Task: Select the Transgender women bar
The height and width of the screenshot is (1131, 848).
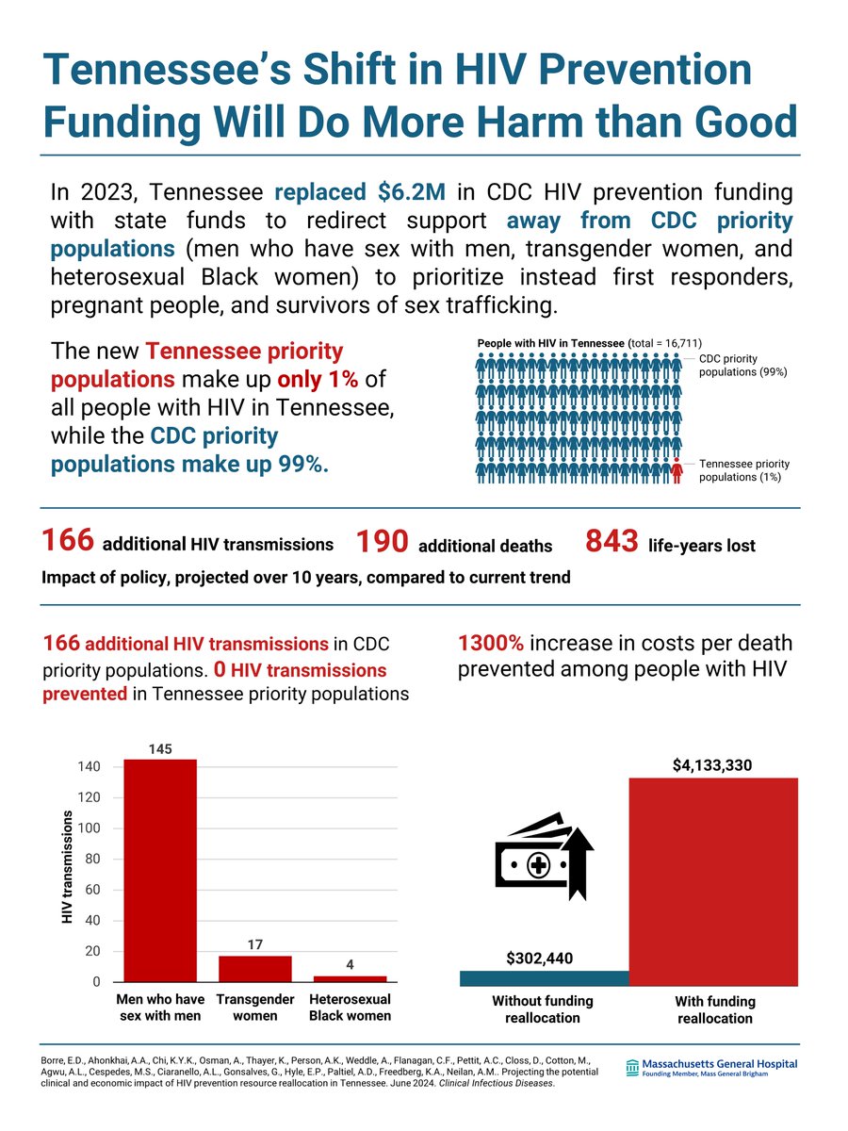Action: pyautogui.click(x=255, y=969)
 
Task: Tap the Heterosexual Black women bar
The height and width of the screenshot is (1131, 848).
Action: pyautogui.click(x=350, y=978)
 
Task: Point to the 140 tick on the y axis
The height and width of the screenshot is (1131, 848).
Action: pyautogui.click(x=89, y=767)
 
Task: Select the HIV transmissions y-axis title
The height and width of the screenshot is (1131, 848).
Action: pyautogui.click(x=68, y=866)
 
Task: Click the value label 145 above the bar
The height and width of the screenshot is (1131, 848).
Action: pyautogui.click(x=160, y=748)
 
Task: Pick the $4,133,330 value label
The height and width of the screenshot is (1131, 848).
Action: pyautogui.click(x=712, y=766)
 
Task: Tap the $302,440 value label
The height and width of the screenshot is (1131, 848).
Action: pyautogui.click(x=539, y=959)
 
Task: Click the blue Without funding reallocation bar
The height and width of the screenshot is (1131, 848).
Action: pyautogui.click(x=544, y=978)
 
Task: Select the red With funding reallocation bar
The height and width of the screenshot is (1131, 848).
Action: pyautogui.click(x=713, y=881)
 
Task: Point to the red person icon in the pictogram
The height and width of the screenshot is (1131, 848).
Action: pyautogui.click(x=677, y=469)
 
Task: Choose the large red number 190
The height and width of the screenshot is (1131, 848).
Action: pyautogui.click(x=382, y=542)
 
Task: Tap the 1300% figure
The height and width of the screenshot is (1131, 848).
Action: pyautogui.click(x=490, y=644)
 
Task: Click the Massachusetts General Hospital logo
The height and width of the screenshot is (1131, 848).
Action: pyautogui.click(x=710, y=1068)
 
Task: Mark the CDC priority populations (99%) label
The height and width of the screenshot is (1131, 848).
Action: pyautogui.click(x=742, y=365)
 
